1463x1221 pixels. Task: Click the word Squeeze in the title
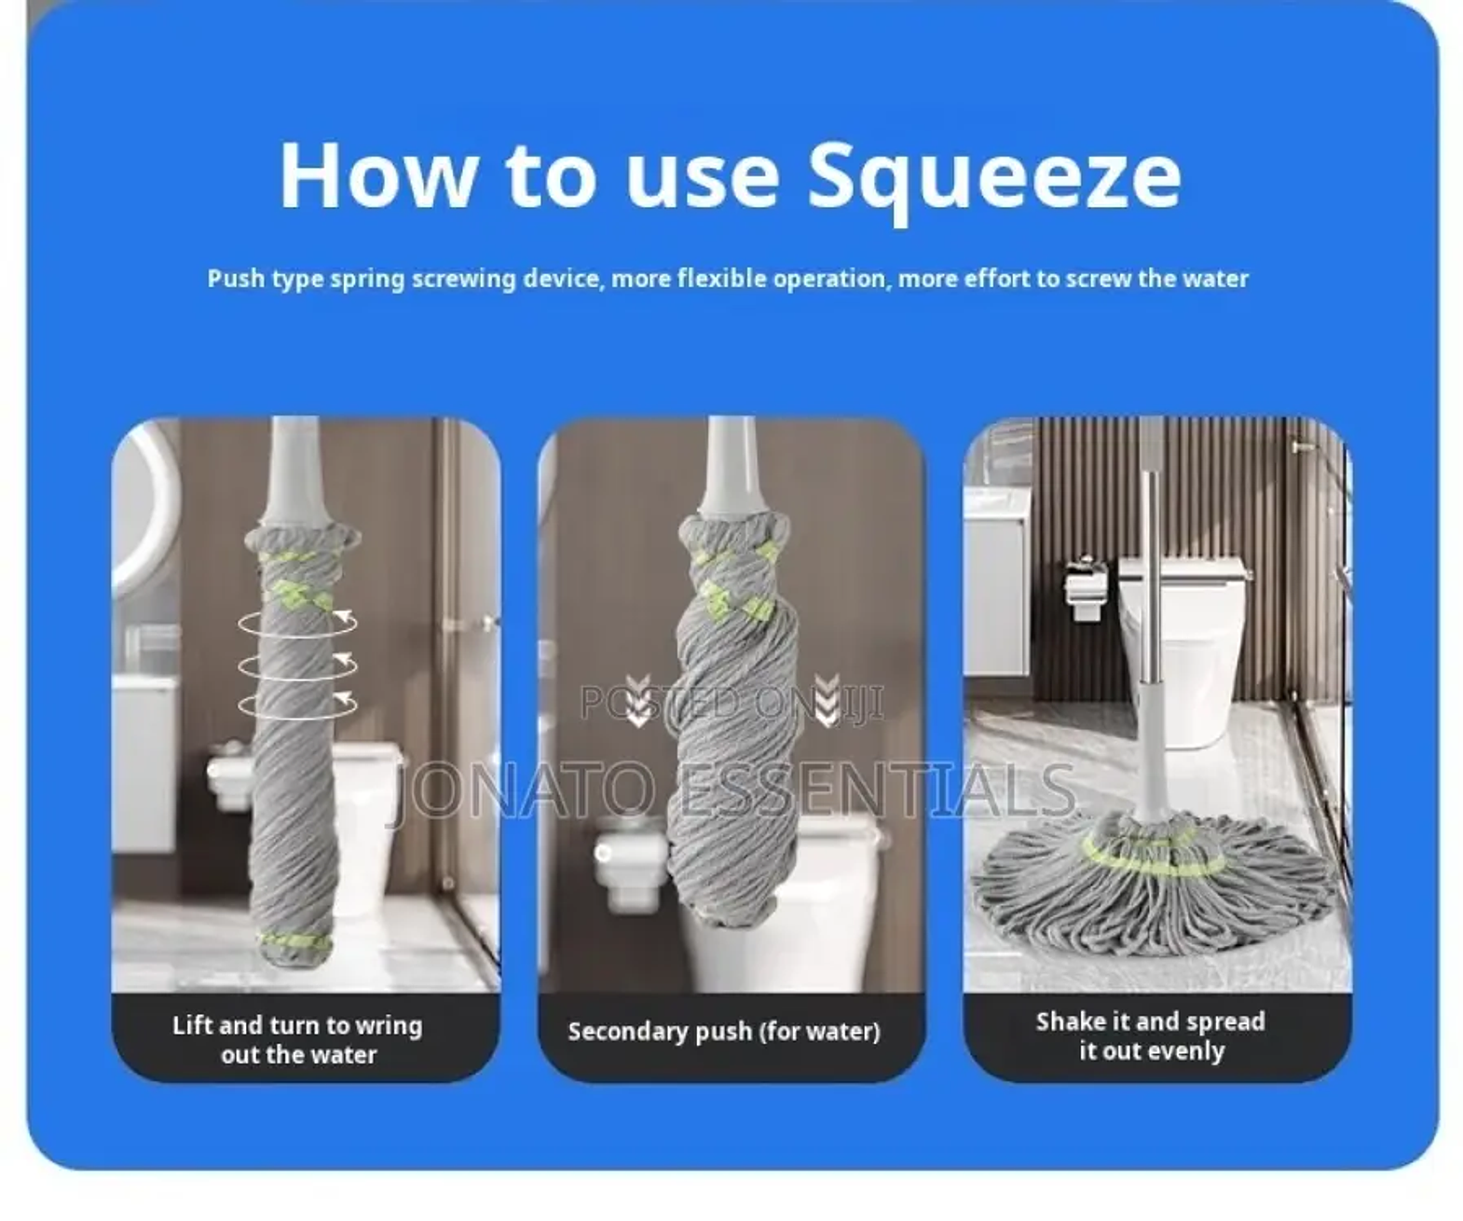point(994,177)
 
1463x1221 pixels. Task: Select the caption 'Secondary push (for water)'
point(724,1031)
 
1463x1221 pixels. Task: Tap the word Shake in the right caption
point(1069,1022)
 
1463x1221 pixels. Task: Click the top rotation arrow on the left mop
point(297,624)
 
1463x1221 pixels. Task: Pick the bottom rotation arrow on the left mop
point(297,705)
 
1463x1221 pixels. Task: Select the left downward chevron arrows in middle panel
point(637,700)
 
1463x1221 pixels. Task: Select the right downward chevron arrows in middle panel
point(827,700)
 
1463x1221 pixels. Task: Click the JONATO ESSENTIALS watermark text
point(731,791)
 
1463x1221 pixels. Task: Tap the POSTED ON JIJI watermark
point(732,703)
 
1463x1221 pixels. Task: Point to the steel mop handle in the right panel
point(1150,582)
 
